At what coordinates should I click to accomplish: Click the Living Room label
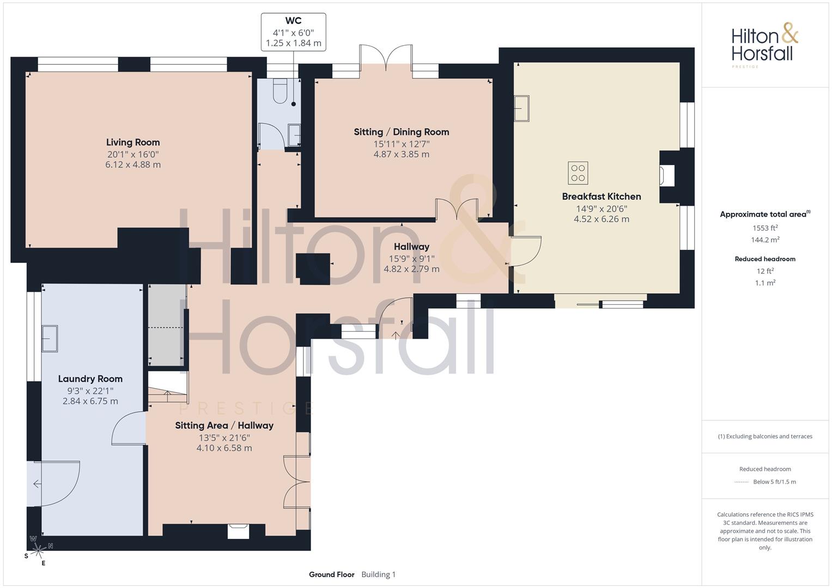tap(133, 142)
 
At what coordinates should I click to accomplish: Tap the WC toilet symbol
tap(280, 90)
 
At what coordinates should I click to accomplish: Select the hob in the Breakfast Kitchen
tap(578, 173)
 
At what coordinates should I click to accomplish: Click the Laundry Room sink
tap(50, 338)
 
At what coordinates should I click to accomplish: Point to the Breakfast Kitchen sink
tap(521, 108)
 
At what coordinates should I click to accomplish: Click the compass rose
tap(38, 550)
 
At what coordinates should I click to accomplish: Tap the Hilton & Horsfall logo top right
tap(764, 46)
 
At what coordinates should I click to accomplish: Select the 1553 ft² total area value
tap(765, 228)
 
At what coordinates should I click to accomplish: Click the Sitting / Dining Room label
tap(401, 132)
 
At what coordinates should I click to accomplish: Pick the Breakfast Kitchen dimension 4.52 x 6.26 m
tap(602, 219)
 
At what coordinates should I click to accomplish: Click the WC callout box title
tap(293, 21)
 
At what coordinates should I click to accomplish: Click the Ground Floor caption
tap(332, 574)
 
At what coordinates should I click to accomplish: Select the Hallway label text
tap(411, 247)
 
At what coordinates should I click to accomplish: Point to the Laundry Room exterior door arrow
tap(37, 483)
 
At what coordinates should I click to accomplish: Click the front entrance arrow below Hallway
tap(396, 335)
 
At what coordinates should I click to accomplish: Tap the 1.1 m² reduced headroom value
tap(765, 283)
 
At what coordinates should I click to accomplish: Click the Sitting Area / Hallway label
tap(224, 425)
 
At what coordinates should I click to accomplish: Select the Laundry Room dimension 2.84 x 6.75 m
tap(90, 401)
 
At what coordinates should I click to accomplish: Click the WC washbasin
tap(295, 135)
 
